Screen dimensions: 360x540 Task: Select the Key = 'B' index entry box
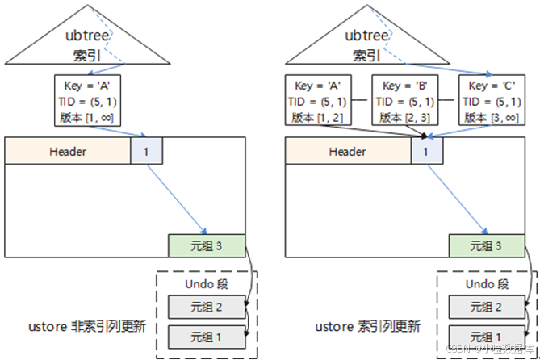(x=404, y=100)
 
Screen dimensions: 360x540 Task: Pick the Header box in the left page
(x=68, y=151)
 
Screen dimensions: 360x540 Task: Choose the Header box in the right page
(x=347, y=151)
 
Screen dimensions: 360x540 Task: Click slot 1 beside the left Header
(x=146, y=151)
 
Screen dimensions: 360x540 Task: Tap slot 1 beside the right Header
(x=425, y=151)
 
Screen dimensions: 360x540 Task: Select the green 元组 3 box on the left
(x=206, y=245)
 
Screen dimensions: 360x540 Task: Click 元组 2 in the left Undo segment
(x=205, y=307)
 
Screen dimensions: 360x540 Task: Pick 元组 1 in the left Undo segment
(x=205, y=335)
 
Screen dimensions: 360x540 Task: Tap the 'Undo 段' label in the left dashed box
(x=206, y=284)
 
